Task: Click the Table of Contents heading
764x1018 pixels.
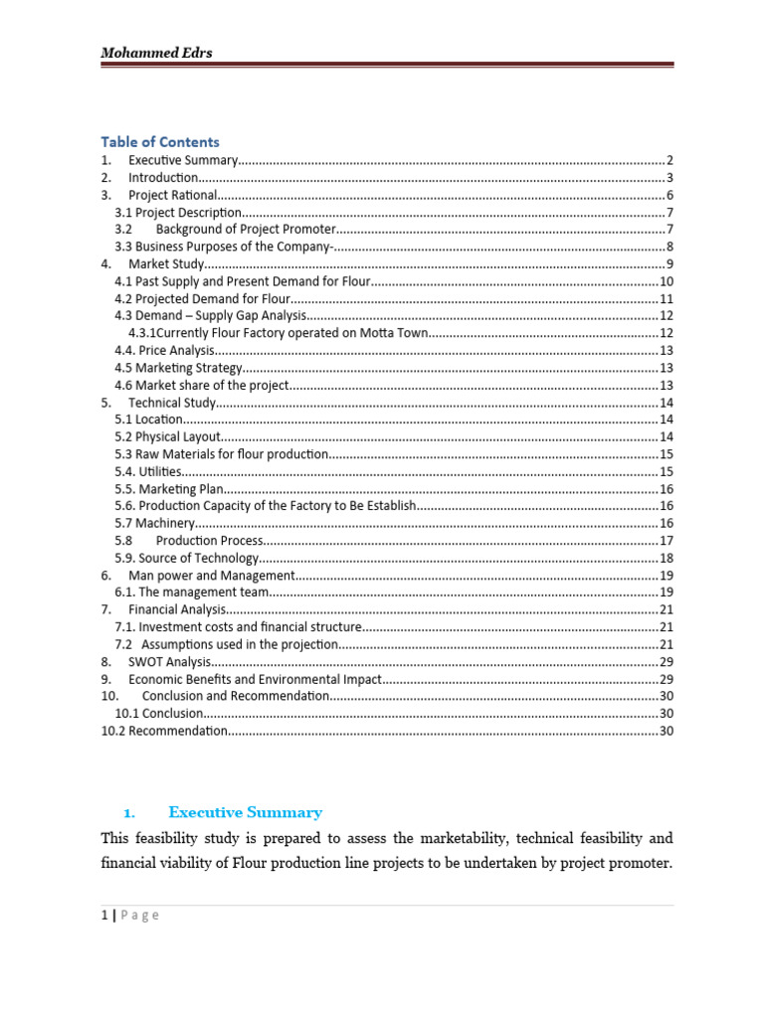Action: click(160, 141)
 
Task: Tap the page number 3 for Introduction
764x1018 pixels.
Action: click(670, 178)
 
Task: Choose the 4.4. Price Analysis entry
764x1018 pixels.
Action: click(164, 351)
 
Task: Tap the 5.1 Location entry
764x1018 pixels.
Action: click(149, 420)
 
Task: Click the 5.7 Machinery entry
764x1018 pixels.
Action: click(153, 523)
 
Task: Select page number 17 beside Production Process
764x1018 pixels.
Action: click(667, 541)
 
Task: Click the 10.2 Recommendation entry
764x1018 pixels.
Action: click(164, 731)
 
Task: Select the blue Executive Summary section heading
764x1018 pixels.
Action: click(245, 812)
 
